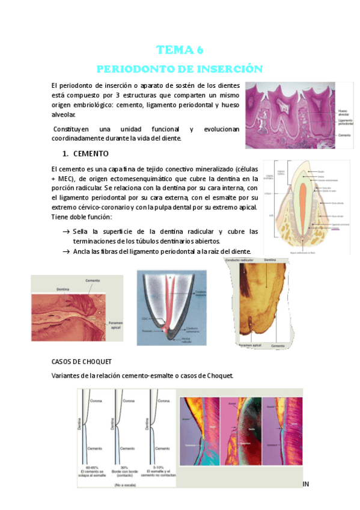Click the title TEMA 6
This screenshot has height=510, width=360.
[180, 49]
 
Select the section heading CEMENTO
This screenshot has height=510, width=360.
[90, 153]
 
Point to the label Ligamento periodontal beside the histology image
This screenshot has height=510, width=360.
[345, 123]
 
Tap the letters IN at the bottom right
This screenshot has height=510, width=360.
[305, 483]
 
